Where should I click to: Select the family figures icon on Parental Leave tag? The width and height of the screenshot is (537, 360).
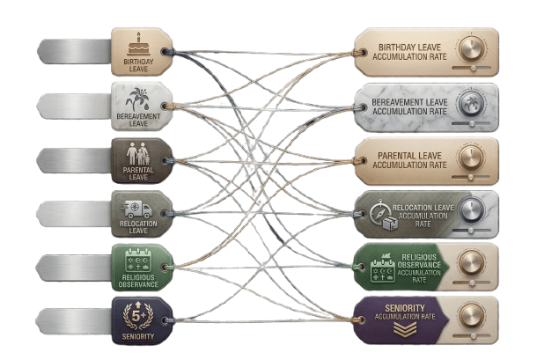[138, 154]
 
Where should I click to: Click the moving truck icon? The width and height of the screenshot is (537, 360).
[137, 209]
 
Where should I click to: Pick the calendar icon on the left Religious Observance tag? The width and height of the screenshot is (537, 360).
[138, 261]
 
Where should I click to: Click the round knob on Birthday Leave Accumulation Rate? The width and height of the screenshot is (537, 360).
[471, 48]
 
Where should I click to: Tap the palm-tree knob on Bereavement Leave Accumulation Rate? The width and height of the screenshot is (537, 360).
[471, 104]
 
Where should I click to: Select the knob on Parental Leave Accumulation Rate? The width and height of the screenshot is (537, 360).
[471, 158]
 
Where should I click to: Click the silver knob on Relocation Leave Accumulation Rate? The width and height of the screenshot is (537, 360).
[471, 210]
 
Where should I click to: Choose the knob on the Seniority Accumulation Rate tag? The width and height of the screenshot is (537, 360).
[471, 316]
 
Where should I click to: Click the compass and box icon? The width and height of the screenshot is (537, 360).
[384, 216]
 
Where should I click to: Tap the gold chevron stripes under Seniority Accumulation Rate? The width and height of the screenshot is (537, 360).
[405, 330]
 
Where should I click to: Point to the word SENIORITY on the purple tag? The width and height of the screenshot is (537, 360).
[404, 308]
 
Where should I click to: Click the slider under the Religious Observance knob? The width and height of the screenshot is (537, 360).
[471, 283]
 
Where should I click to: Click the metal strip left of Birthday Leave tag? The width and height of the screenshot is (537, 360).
[74, 51]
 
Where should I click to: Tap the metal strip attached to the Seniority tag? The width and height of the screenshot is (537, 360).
[73, 321]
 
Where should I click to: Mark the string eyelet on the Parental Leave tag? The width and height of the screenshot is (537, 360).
[166, 161]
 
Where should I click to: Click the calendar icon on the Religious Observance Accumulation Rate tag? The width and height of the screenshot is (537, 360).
[383, 270]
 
